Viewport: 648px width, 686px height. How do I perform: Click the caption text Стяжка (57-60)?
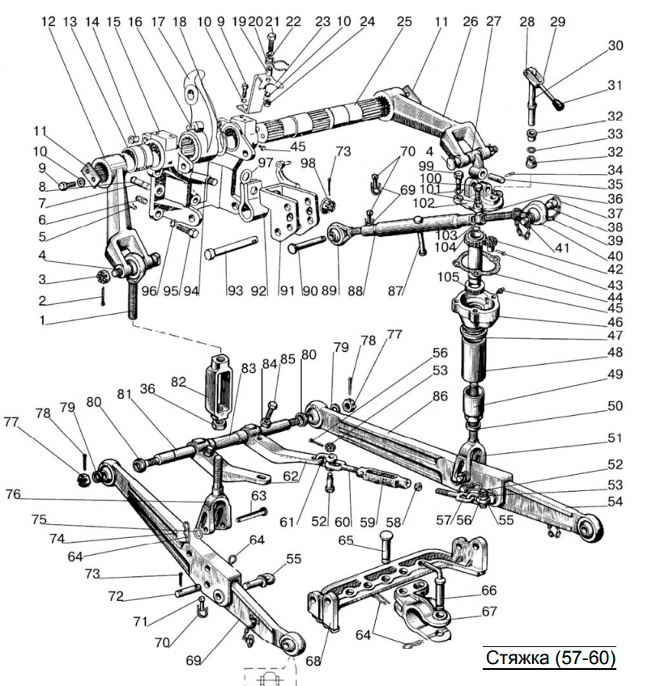click(x=550, y=658)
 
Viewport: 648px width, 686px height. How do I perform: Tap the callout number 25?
click(x=404, y=21)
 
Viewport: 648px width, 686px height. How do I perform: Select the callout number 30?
click(x=615, y=45)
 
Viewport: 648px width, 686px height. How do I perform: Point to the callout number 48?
click(x=615, y=352)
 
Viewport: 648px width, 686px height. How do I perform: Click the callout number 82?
click(x=179, y=382)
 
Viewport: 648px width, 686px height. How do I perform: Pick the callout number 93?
click(x=235, y=290)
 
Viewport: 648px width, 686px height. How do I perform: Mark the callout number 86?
click(x=440, y=396)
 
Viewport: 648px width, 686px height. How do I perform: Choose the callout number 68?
click(x=313, y=661)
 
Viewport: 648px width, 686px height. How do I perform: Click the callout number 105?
click(x=448, y=277)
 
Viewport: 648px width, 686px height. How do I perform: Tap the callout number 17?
click(x=158, y=21)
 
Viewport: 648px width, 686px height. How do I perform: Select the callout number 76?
click(x=13, y=494)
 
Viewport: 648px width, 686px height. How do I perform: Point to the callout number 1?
click(x=42, y=320)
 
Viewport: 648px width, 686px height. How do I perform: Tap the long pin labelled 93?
click(x=231, y=248)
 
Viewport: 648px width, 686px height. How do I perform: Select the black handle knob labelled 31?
click(x=560, y=105)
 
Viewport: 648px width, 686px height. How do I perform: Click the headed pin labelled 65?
click(x=385, y=545)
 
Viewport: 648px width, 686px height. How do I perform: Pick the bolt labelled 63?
click(x=252, y=515)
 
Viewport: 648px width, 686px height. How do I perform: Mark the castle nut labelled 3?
click(x=104, y=277)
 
